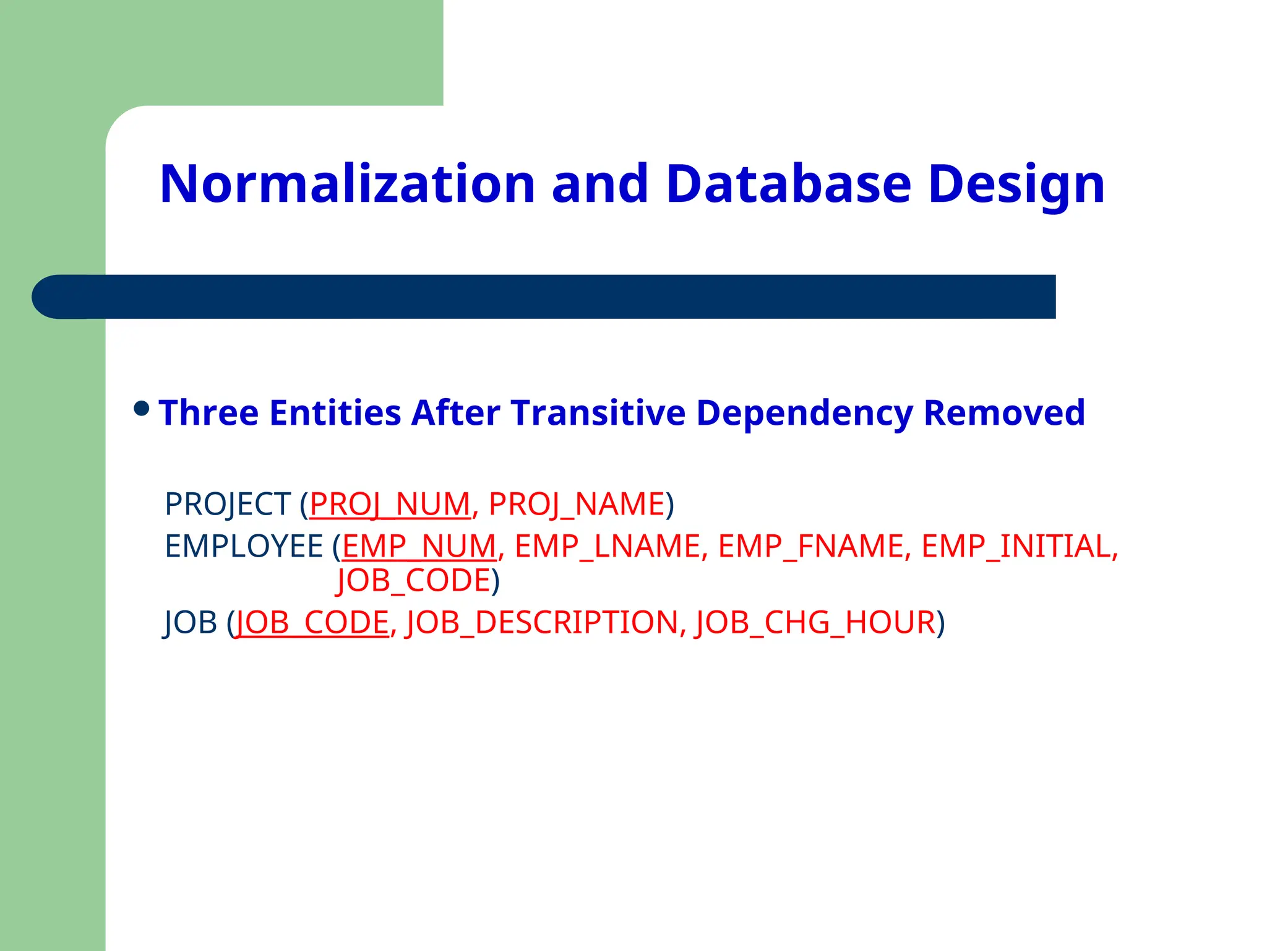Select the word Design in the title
coord(1016,185)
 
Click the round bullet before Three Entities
coord(142,409)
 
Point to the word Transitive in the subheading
coord(598,412)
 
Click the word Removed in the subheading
coord(1003,412)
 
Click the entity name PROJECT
coord(228,503)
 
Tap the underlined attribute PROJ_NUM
coord(390,503)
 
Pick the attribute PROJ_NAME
coord(577,503)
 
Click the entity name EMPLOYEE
coord(244,546)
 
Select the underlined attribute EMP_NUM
coord(419,546)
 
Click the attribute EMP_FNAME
coord(810,546)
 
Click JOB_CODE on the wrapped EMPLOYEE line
coord(414,581)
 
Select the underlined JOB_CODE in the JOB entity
coord(312,622)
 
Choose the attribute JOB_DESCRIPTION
coord(542,622)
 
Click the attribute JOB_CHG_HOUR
coord(815,622)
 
